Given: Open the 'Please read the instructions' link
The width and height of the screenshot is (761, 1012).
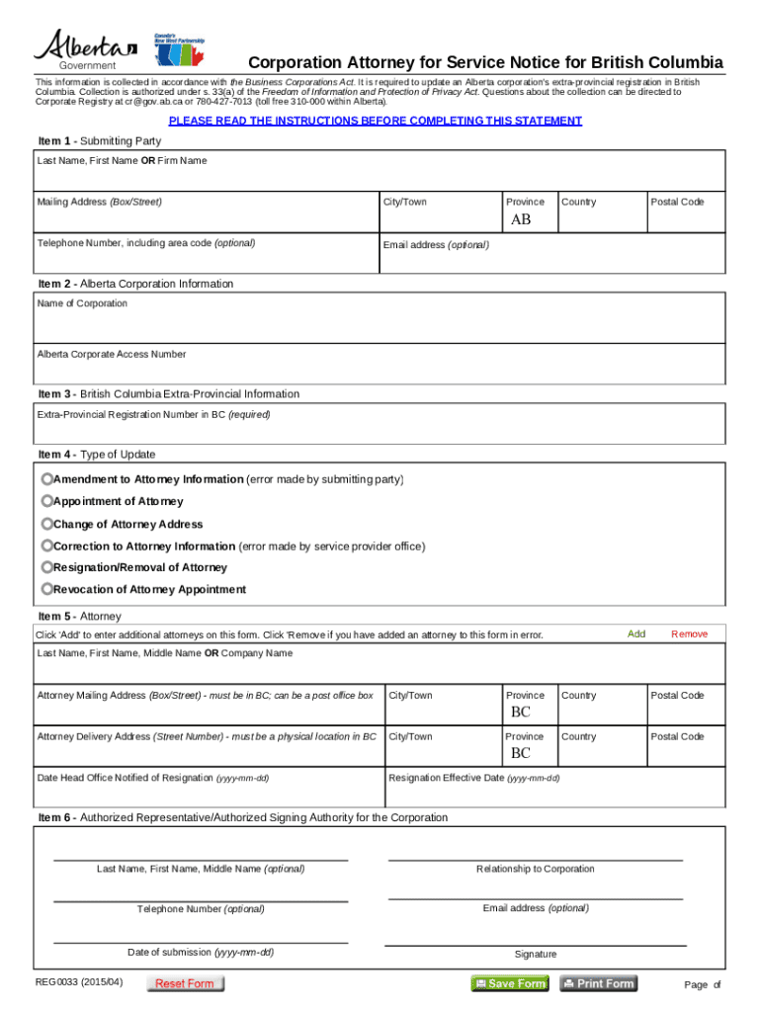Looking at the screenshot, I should [x=375, y=121].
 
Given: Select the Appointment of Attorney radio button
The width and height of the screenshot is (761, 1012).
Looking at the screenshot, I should [x=47, y=501].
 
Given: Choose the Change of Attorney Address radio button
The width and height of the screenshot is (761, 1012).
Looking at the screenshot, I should [x=47, y=524].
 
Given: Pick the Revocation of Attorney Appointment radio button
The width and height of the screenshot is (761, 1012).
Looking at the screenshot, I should [x=47, y=589].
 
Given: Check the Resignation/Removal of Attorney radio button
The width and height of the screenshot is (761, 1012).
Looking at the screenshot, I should [x=47, y=567].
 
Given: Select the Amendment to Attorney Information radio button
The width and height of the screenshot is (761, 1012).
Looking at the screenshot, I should [x=47, y=478].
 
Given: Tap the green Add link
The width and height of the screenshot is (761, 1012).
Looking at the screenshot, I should [x=636, y=633].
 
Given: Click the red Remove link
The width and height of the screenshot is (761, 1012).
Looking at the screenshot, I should [x=689, y=633].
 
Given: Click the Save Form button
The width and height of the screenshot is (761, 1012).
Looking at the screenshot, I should [x=509, y=983].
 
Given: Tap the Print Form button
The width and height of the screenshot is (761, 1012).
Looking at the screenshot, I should [x=598, y=983].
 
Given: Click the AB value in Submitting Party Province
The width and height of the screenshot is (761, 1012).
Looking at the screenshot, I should [x=520, y=219].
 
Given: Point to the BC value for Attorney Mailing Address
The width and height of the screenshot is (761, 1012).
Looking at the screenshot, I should [x=520, y=713].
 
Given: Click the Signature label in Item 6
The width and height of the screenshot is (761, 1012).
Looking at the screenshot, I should [x=535, y=954].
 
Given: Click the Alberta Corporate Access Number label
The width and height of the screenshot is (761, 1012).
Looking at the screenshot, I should [x=112, y=354].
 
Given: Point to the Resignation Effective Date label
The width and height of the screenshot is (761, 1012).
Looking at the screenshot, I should [x=474, y=778].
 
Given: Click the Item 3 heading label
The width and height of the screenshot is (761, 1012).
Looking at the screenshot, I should [x=168, y=393].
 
